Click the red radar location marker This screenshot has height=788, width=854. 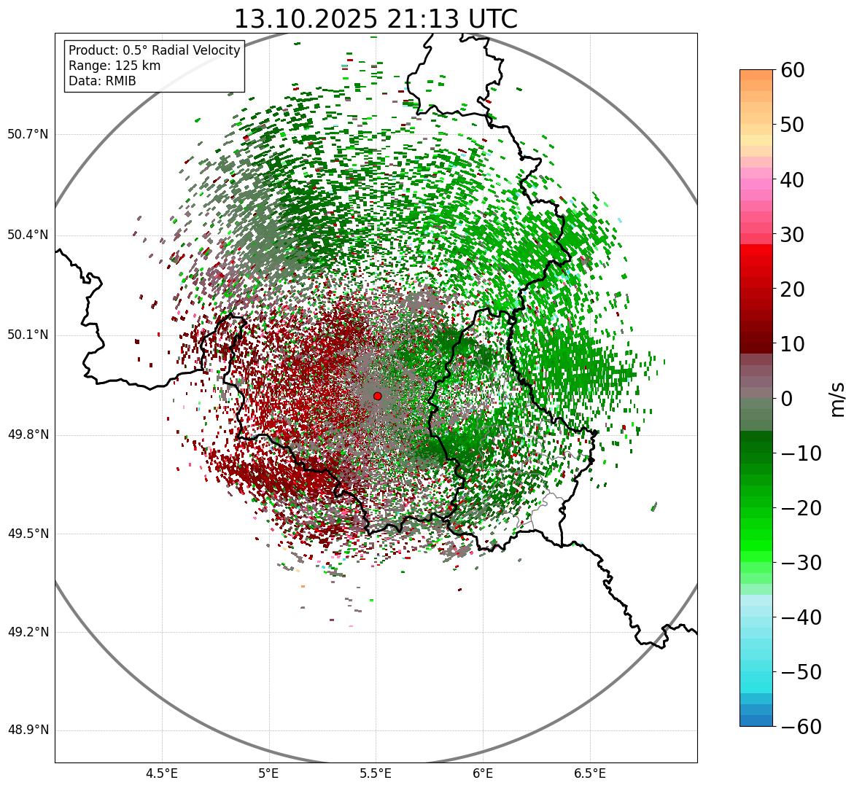tap(377, 396)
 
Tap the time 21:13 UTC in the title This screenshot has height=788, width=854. tap(451, 19)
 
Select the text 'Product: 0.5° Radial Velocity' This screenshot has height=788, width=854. tap(154, 50)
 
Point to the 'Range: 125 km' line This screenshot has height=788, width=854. tap(114, 66)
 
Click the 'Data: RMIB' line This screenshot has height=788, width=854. tap(102, 81)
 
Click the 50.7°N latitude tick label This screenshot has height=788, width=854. tap(28, 135)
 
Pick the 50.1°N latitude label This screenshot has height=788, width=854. tap(28, 335)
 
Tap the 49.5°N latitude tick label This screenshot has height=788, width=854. tap(28, 534)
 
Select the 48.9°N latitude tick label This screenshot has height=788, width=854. tap(28, 730)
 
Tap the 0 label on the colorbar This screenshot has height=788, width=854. tap(787, 399)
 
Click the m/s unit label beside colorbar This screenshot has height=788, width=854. tap(839, 399)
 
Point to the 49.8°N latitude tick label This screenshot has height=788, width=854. tap(28, 435)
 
